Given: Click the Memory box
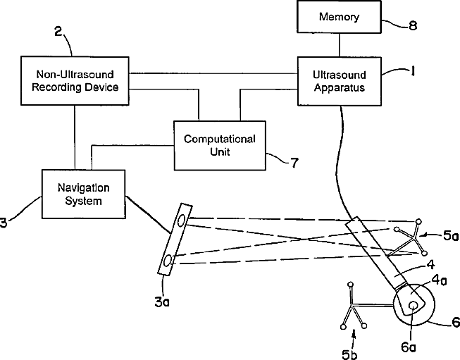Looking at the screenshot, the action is [339, 16].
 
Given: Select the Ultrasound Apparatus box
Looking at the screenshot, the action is [340, 81].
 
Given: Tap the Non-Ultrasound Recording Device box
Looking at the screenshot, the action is [75, 81].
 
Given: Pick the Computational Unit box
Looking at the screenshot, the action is [220, 146].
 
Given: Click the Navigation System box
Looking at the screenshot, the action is [84, 194].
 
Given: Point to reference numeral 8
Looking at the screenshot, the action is [413, 26].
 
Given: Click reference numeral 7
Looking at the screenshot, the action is [294, 163].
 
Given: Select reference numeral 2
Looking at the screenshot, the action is [58, 32].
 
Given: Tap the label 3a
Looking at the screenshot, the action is [162, 302].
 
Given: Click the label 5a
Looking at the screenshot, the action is [451, 235].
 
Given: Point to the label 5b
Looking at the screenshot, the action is [349, 354].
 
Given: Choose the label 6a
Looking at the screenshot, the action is [409, 347].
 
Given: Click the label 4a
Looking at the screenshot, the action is [439, 280].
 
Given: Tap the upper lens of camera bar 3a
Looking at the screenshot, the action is [182, 220].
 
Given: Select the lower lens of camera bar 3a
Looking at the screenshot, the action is [168, 261].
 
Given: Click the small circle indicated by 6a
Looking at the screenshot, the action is [414, 306].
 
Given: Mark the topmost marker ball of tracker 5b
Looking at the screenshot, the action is [350, 285].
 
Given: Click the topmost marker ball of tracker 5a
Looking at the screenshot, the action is [418, 221].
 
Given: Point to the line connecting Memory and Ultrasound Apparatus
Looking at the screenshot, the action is [340, 45].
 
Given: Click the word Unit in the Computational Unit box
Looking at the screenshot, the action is [220, 152].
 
